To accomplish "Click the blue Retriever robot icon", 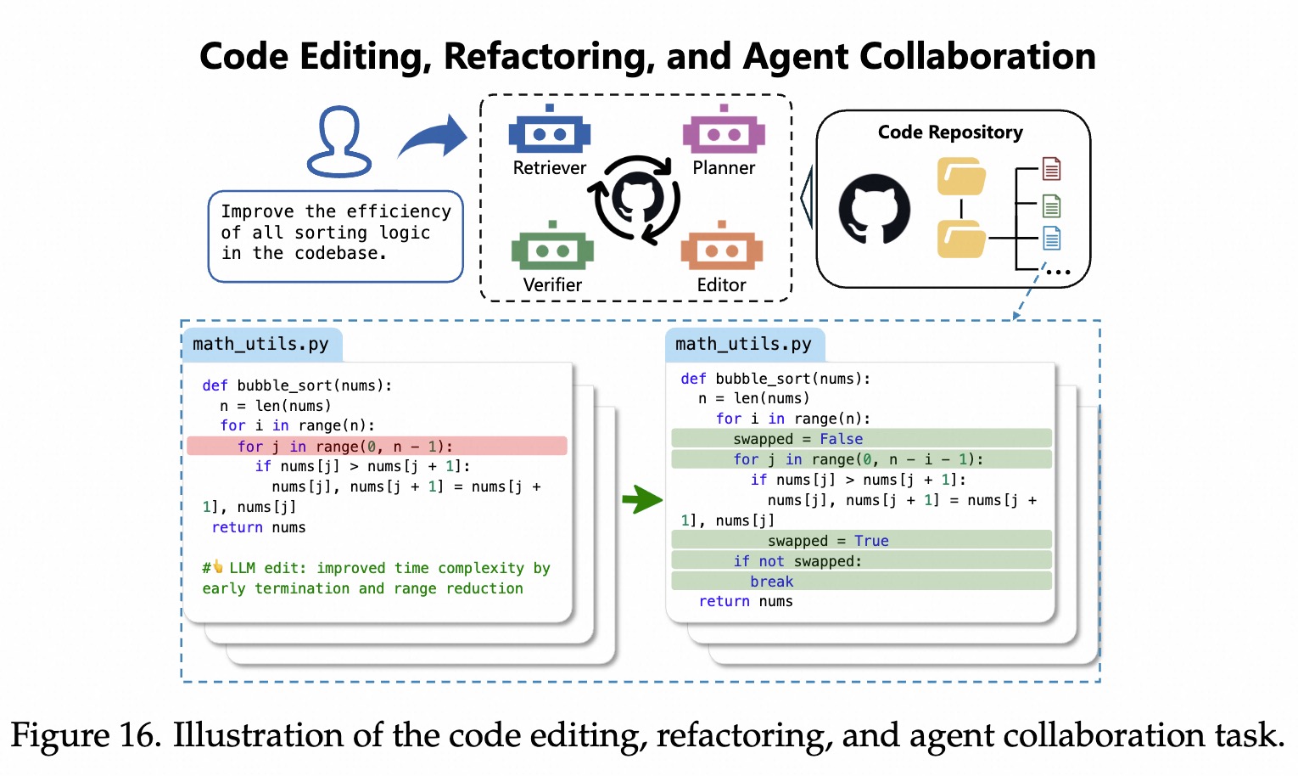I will pos(549,132).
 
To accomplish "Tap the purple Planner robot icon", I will pos(724,132).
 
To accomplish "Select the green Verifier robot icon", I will pos(552,248).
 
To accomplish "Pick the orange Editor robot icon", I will pos(722,248).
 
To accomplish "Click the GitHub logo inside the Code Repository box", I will pos(874,209).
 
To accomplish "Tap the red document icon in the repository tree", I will pos(1051,169).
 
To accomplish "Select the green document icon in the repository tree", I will pos(1051,205).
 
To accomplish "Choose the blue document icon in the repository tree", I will pos(1051,239).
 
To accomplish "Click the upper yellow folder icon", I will pos(961,177).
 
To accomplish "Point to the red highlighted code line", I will pos(377,447).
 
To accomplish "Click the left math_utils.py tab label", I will pos(260,344).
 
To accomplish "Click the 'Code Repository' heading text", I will pos(950,132).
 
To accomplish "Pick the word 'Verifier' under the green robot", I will pos(552,285).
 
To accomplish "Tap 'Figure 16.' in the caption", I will pos(86,735).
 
